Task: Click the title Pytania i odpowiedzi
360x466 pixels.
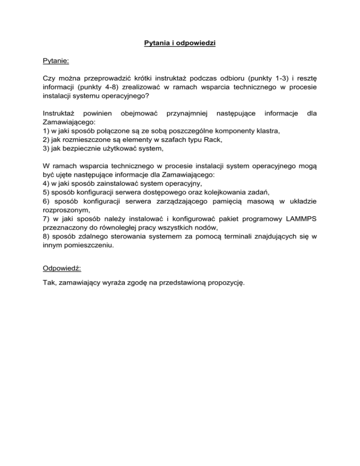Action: (x=180, y=45)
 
